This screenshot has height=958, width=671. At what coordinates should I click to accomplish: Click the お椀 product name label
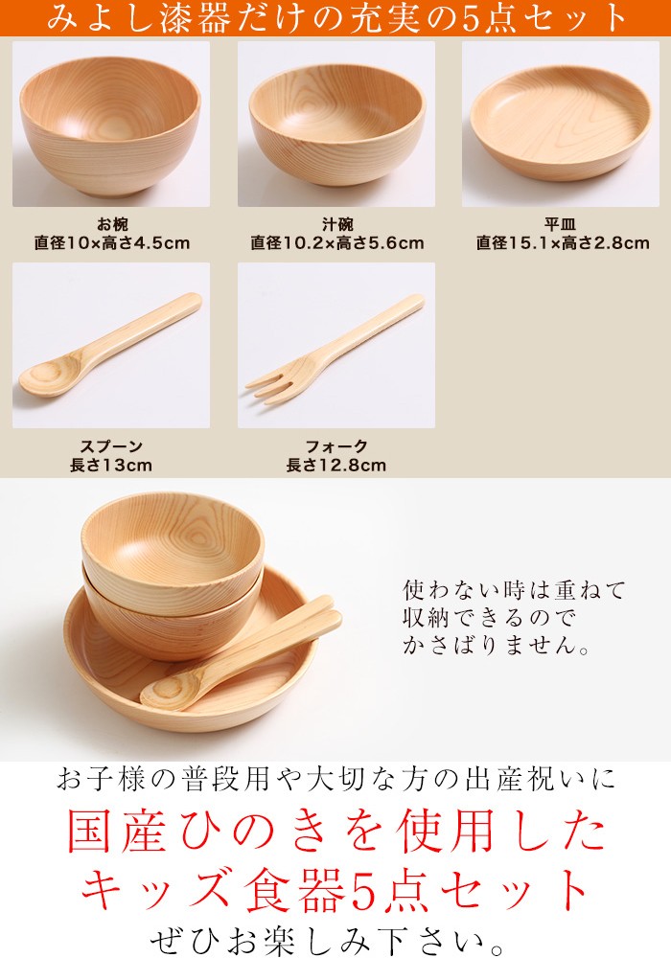[112, 224]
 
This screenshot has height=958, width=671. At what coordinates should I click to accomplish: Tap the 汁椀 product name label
[337, 224]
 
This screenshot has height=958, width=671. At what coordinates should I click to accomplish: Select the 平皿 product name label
[561, 224]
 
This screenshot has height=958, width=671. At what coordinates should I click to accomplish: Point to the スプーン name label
[111, 446]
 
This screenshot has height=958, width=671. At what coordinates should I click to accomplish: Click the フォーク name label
[336, 446]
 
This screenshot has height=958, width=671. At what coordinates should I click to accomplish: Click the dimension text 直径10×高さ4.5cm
[112, 243]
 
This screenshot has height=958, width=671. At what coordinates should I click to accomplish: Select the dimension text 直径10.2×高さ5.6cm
[337, 243]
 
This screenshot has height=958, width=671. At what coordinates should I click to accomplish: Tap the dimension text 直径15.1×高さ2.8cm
[563, 243]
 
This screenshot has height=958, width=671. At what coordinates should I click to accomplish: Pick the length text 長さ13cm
[111, 466]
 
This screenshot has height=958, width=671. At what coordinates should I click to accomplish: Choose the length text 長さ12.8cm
[336, 466]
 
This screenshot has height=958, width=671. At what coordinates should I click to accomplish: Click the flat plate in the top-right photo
[561, 123]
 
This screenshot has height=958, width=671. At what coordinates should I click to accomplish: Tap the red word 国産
[117, 831]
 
